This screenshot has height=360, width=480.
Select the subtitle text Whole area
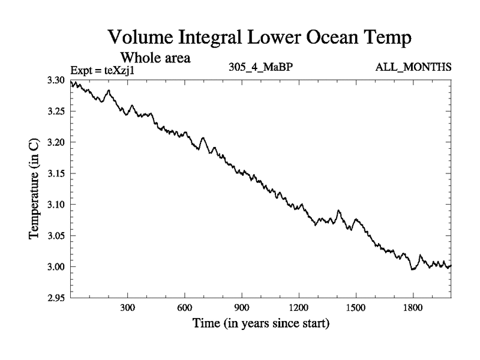[x=156, y=58]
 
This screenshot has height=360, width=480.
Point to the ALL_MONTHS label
[x=414, y=68]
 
